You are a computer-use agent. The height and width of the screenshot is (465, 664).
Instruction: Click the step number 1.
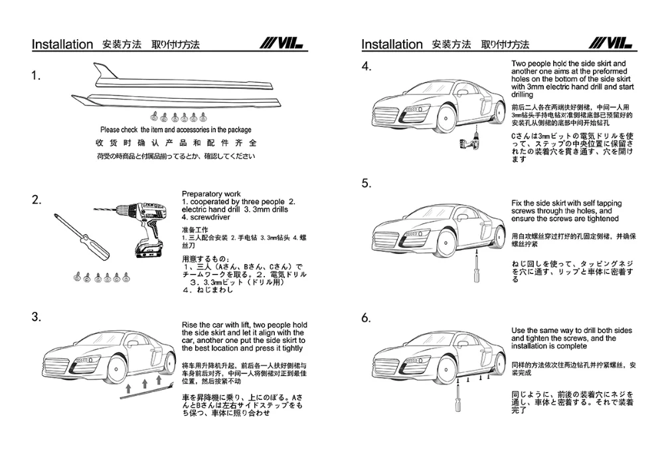point(37,76)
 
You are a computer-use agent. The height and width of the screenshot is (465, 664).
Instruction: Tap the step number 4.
point(366,66)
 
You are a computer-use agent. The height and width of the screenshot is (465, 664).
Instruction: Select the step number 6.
point(366,318)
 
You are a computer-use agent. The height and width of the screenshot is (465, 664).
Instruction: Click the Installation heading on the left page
point(62,44)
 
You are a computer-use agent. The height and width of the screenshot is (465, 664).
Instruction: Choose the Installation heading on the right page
point(392,44)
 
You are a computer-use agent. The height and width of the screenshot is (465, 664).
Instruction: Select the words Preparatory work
point(211,194)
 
